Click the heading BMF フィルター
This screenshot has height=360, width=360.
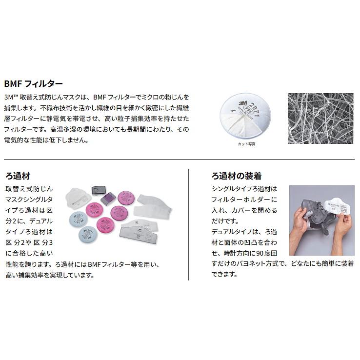pos(33,83)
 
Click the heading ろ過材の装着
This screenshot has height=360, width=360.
pos(236,176)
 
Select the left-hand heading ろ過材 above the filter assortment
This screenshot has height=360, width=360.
pos(18,176)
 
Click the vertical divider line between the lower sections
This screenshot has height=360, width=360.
pos(188,224)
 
